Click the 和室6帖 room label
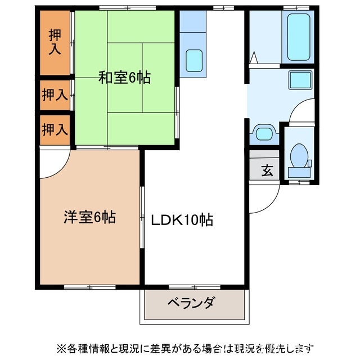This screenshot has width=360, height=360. (124, 78)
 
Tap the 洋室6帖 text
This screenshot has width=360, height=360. (89, 217)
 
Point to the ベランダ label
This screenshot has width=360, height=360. (191, 304)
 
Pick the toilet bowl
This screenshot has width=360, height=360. (298, 153)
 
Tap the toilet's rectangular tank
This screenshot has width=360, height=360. (299, 172)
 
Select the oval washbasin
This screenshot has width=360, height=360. (264, 134)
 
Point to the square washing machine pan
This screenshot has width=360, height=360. (301, 80)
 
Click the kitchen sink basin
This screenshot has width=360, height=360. (195, 60)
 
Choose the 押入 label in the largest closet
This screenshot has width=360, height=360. (55, 42)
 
